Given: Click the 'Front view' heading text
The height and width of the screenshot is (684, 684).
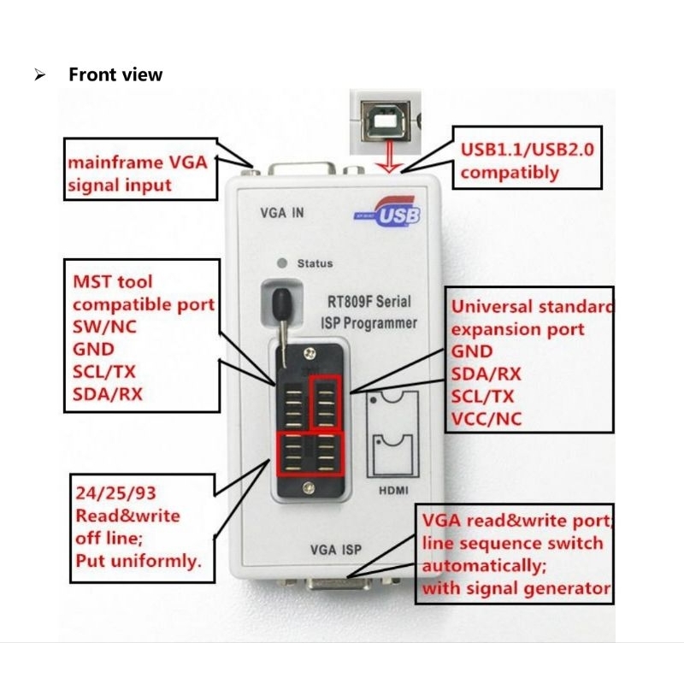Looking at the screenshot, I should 115,74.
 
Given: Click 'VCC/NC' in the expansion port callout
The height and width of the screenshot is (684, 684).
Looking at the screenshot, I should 486,418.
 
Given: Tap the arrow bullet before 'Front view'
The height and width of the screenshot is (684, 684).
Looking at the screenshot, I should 39,75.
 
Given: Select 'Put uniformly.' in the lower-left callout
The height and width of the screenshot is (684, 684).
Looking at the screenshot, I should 138,561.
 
